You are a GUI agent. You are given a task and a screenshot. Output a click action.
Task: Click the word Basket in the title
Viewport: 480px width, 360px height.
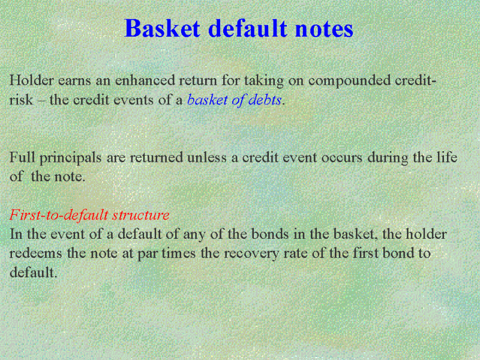[162, 28]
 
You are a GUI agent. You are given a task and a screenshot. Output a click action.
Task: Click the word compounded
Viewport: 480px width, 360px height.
[349, 81]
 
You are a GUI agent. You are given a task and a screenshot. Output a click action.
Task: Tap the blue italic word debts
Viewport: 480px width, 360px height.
[265, 100]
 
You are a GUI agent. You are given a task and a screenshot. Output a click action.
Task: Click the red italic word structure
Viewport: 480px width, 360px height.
[140, 215]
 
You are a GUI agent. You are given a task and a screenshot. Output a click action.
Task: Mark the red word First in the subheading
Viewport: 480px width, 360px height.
[26, 214]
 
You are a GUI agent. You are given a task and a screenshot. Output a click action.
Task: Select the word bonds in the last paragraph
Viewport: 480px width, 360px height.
[269, 234]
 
